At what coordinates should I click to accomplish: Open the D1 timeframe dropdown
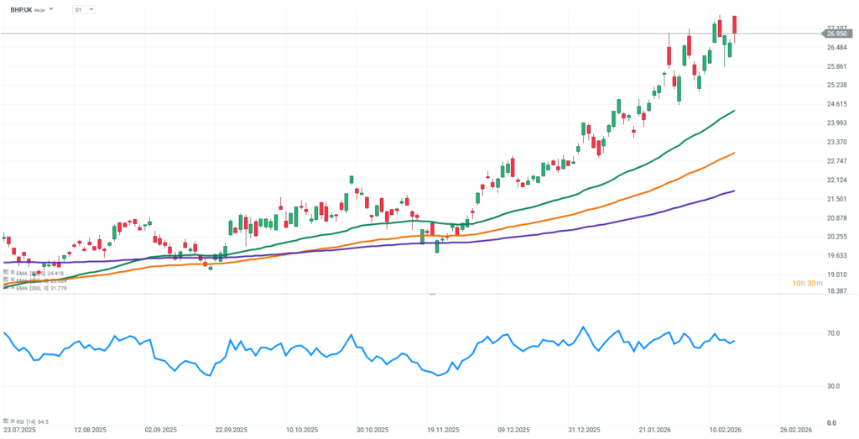coord(84,9)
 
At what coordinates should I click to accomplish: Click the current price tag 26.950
coord(836,34)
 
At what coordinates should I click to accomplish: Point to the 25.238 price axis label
coord(836,85)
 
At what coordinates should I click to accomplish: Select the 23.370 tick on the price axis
coord(836,142)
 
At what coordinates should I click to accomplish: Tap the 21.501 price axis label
coord(836,199)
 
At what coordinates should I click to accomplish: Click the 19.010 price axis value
coord(836,274)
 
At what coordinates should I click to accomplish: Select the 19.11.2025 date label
coord(441,429)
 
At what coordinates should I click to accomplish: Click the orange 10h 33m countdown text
coord(806,284)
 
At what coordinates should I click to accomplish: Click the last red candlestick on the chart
coord(735,25)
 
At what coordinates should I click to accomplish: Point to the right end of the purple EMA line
coord(735,191)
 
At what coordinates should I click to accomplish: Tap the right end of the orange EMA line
coord(735,153)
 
